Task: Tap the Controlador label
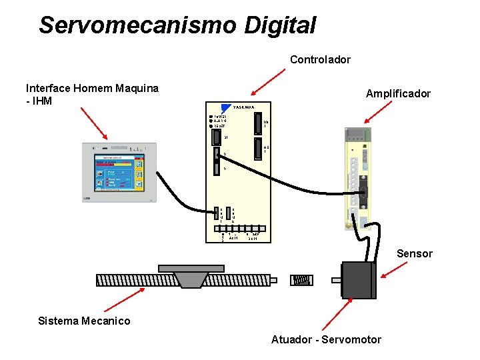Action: [x=320, y=60]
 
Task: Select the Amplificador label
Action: [x=398, y=94]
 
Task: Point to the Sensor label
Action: [x=415, y=254]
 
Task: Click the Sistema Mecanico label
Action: [x=85, y=321]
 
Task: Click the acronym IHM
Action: [x=41, y=101]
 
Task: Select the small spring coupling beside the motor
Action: [x=301, y=280]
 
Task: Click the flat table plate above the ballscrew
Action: [x=191, y=268]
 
